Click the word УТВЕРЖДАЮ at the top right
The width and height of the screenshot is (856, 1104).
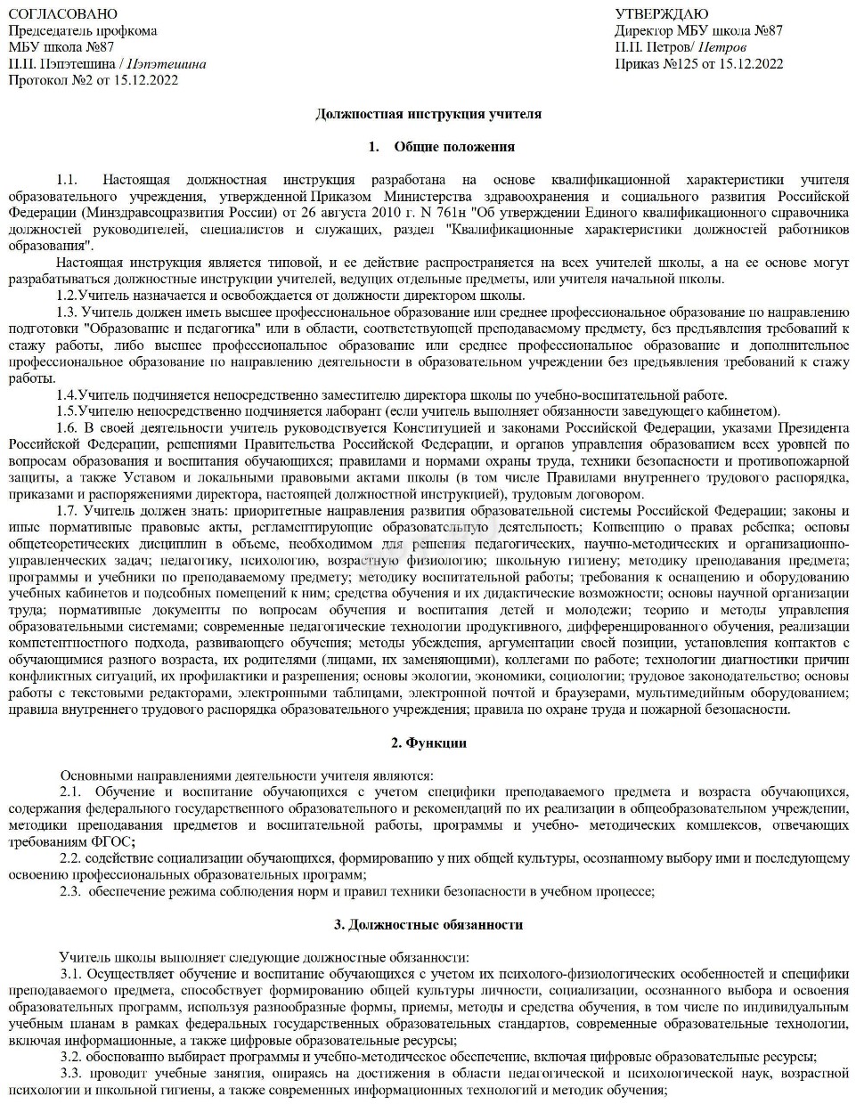click(x=662, y=14)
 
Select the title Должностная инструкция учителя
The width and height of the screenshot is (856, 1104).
click(x=428, y=114)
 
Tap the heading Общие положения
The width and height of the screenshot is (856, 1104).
click(x=454, y=147)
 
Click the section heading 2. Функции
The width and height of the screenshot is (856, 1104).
click(x=428, y=743)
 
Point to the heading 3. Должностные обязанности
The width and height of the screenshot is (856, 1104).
click(x=428, y=924)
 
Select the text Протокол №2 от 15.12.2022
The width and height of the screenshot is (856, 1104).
click(x=93, y=80)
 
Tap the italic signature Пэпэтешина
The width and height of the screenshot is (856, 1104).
click(x=167, y=64)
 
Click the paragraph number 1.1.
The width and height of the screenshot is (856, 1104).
click(x=67, y=180)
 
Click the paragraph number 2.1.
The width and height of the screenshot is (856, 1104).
click(x=70, y=791)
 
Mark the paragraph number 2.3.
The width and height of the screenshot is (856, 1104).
click(x=70, y=891)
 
